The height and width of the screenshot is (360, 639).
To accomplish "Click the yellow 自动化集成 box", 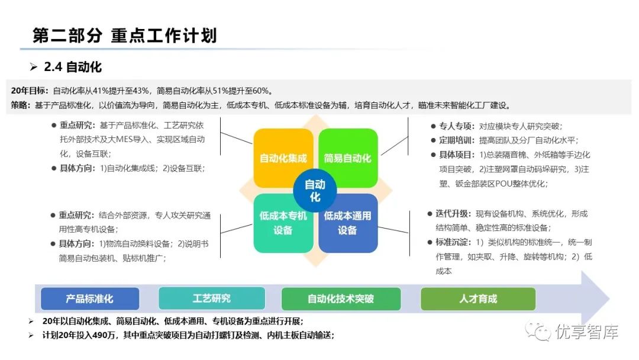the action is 283,158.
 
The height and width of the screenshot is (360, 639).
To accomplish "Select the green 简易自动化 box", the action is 348,158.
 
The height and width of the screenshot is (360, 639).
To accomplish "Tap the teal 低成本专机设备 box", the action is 283,223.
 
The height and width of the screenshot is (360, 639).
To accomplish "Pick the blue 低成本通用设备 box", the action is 348,223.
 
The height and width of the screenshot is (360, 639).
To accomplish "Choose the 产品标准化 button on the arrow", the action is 90,299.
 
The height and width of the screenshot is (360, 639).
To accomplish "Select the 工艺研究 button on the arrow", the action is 211,299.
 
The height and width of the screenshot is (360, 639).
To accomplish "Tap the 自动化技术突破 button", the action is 341,299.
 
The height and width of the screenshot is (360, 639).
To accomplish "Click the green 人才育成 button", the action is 478,299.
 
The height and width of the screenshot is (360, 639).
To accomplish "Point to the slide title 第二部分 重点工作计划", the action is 125,36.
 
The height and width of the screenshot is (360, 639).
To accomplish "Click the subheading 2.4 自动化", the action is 73,67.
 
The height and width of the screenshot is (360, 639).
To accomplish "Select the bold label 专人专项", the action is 454,126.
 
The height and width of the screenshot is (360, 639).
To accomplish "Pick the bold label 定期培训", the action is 454,140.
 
